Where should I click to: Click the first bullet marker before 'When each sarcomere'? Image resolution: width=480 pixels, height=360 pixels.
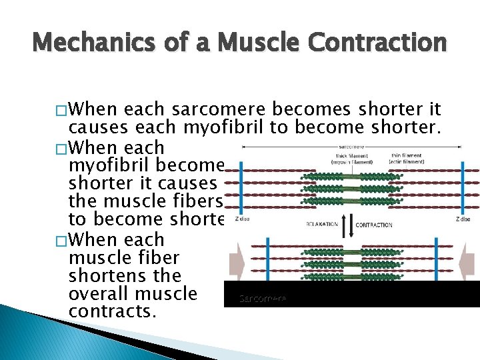tap(60, 110)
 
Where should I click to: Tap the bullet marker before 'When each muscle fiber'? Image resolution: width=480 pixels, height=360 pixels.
tap(60, 239)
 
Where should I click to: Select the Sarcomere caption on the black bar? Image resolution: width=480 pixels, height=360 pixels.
tap(263, 299)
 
